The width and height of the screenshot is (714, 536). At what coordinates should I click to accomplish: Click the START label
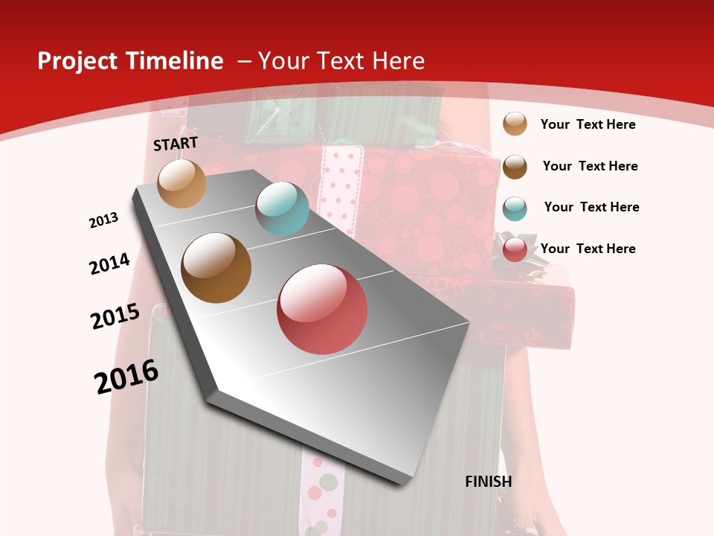click(x=176, y=144)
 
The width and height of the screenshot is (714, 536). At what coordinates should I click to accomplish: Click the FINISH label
click(x=489, y=482)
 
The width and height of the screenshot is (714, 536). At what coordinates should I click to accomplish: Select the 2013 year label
click(x=104, y=220)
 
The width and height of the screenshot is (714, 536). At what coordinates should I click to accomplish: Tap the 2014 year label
click(x=110, y=264)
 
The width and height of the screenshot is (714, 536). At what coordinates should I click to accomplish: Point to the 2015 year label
click(x=115, y=316)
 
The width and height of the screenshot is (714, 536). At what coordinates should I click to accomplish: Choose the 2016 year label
click(x=127, y=377)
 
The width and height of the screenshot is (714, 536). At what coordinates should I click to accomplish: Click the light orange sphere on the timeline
click(x=181, y=183)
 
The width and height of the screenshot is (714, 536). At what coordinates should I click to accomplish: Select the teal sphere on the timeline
click(x=282, y=208)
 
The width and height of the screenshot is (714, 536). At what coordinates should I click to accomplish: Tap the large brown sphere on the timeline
click(x=216, y=268)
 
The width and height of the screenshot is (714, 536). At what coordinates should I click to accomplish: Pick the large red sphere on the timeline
click(x=322, y=309)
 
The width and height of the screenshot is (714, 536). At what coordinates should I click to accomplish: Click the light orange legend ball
click(x=515, y=124)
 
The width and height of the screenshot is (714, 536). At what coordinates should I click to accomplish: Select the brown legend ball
click(x=515, y=166)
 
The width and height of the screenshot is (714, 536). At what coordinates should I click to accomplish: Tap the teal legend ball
click(x=515, y=208)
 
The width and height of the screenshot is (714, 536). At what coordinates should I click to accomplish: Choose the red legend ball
click(x=515, y=249)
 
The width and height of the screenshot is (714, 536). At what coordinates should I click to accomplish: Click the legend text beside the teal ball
click(x=591, y=207)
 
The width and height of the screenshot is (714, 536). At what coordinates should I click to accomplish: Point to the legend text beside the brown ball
click(x=590, y=166)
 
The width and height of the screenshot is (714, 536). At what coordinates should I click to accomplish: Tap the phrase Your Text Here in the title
click(x=341, y=61)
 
